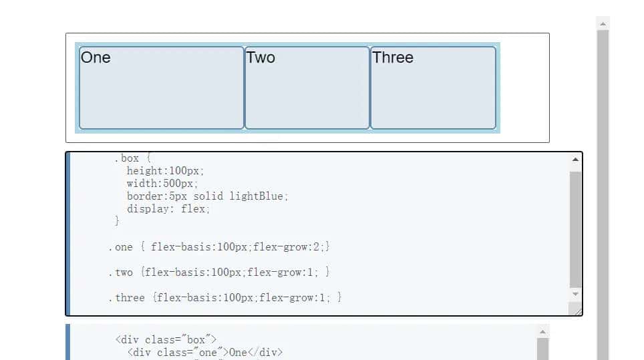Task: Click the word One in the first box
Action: (96, 57)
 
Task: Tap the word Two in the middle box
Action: (261, 57)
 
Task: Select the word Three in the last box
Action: (393, 57)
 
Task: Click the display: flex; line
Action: (168, 208)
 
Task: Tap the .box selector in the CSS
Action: (126, 158)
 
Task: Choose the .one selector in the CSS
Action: (120, 247)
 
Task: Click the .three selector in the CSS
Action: (126, 298)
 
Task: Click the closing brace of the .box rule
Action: (118, 220)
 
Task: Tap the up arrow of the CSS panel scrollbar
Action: (576, 160)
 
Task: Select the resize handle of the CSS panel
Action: (576, 309)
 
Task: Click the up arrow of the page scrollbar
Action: (603, 23)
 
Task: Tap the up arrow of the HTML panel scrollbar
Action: (542, 331)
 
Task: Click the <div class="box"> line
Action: (166, 339)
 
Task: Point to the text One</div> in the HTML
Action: (256, 352)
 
